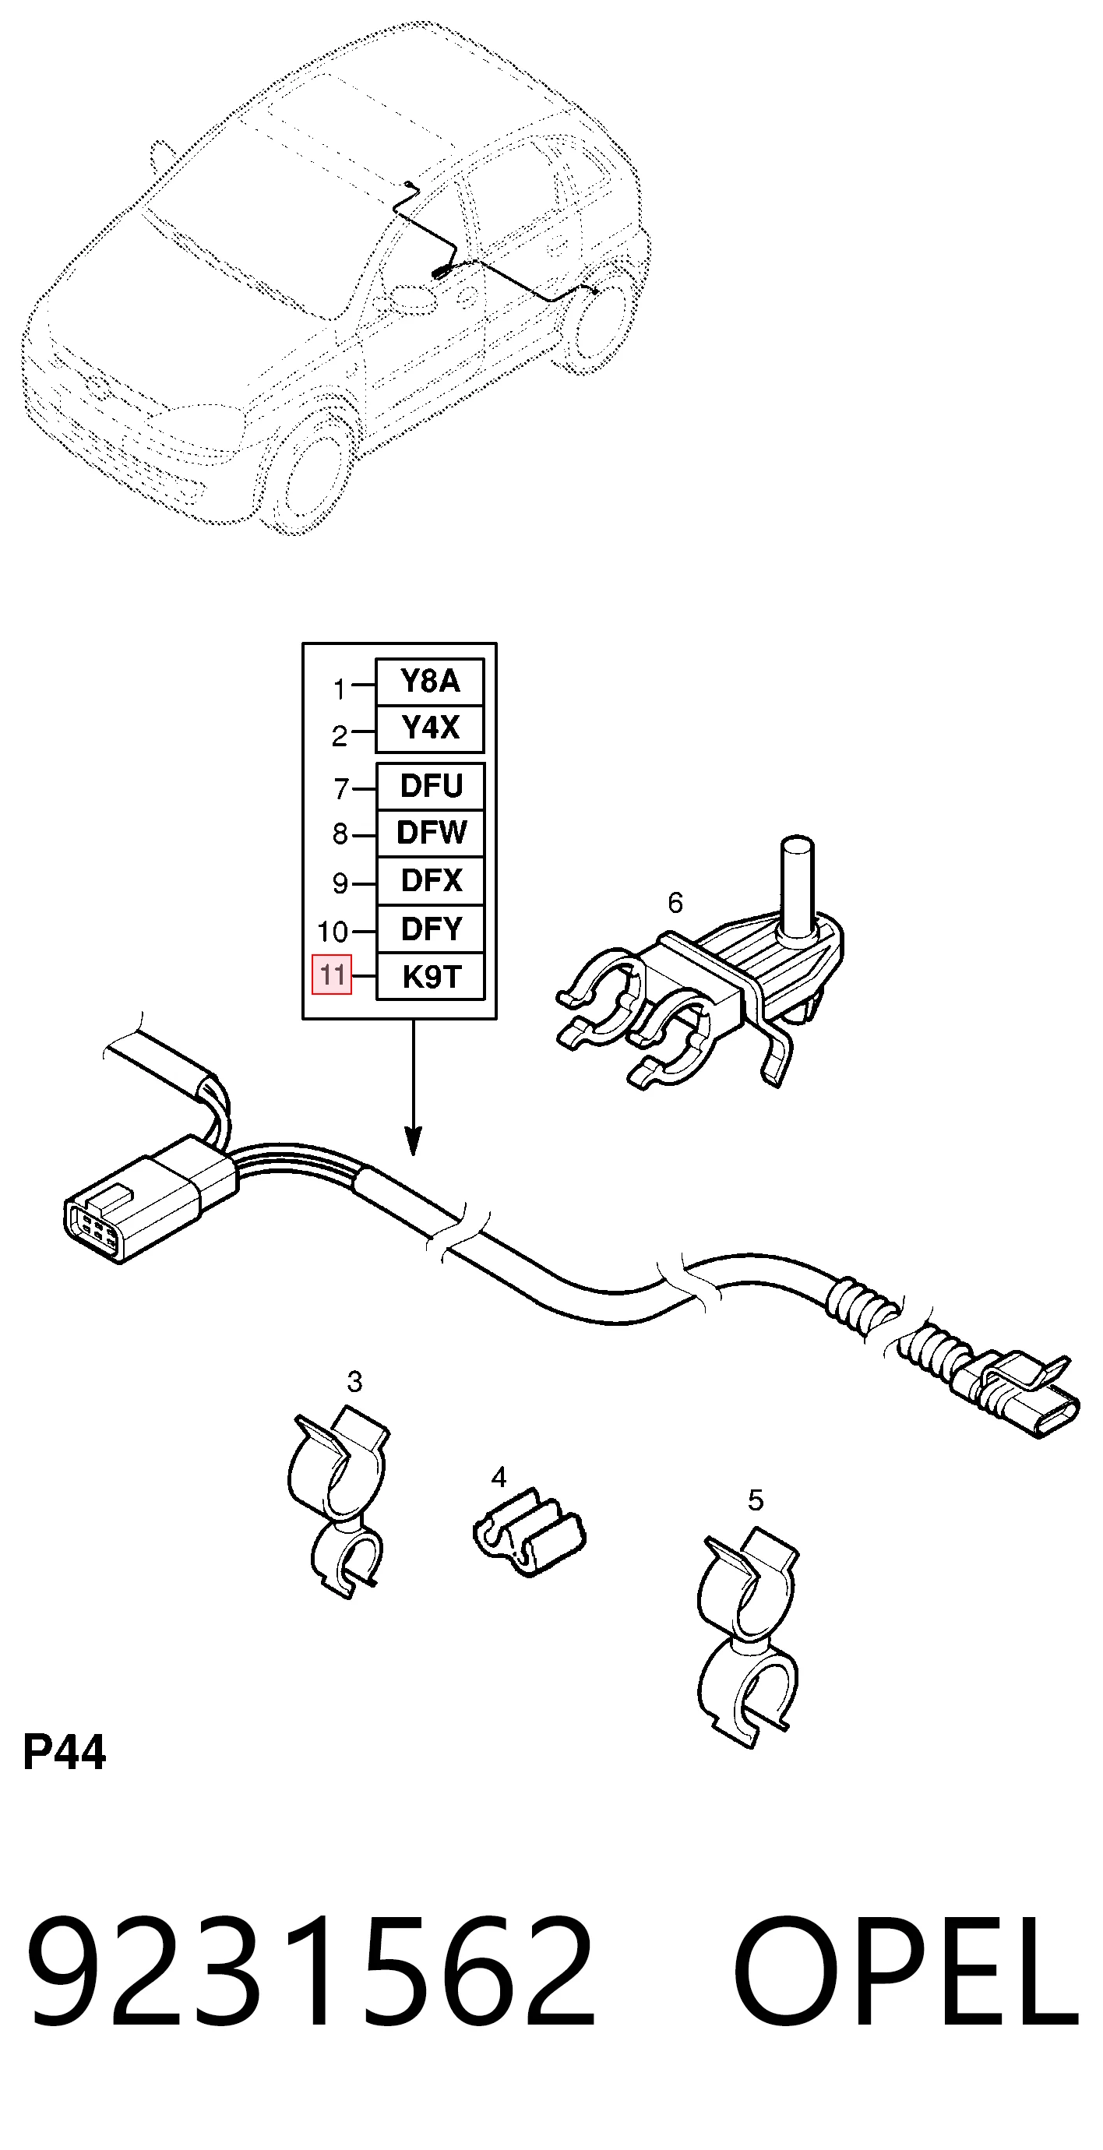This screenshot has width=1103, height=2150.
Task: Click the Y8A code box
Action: pyautogui.click(x=430, y=682)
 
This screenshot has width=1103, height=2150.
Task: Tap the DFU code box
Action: pyautogui.click(x=431, y=786)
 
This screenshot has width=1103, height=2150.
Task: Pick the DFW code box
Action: pyautogui.click(x=431, y=833)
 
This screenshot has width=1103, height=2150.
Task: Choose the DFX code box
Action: pyautogui.click(x=431, y=880)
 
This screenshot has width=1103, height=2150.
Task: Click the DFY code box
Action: pyautogui.click(x=431, y=929)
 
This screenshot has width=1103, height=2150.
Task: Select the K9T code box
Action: pyautogui.click(x=431, y=977)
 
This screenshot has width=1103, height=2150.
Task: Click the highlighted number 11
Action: pyautogui.click(x=332, y=975)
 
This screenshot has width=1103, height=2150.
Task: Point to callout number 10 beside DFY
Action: pyautogui.click(x=332, y=932)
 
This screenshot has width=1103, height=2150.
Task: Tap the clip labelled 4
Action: pyautogui.click(x=529, y=1533)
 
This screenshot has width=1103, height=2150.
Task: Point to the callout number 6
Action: pyautogui.click(x=675, y=902)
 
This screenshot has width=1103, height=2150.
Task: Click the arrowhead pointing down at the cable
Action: pyautogui.click(x=413, y=1141)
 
